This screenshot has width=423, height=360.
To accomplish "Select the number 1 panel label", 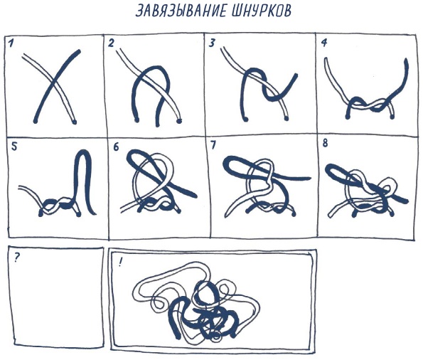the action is coord(11,43).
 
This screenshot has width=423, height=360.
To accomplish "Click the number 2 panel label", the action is coord(111,43).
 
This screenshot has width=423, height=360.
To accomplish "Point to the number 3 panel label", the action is coord(212,43).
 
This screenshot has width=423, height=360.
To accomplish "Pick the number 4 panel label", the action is coord(324,43).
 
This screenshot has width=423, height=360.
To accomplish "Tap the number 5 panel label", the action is coord(14,147).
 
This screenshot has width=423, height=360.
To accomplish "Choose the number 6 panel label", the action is coord(116,147).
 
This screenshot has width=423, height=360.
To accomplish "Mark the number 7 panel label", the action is coord(213,145).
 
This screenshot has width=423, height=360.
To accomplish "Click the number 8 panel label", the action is coord(325,143).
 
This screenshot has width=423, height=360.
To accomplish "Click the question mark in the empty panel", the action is coord(16,258).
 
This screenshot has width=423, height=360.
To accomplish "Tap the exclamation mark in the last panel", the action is coord(119,263).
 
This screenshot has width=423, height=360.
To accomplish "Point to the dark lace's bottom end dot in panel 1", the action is coord(36,121).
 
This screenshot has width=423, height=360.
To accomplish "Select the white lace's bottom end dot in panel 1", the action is coord(74,122).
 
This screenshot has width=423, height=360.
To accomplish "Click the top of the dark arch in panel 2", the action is coord(154,67).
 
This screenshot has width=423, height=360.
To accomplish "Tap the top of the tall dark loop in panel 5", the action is coord(83,152).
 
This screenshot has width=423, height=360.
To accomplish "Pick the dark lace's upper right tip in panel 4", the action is coord(406,60).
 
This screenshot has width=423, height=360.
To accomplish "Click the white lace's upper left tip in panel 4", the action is coord(326,59).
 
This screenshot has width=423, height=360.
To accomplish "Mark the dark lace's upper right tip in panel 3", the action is coord(296,75).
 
